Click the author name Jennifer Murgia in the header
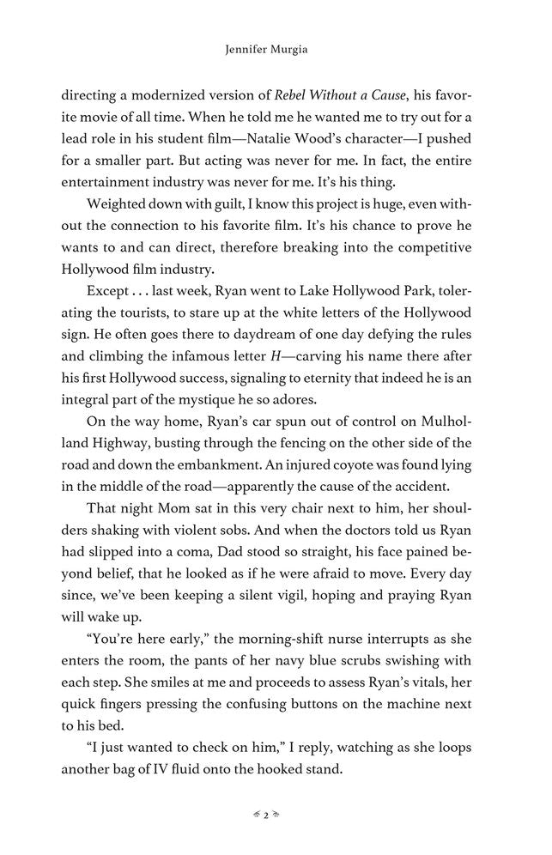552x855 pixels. point(276,52)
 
